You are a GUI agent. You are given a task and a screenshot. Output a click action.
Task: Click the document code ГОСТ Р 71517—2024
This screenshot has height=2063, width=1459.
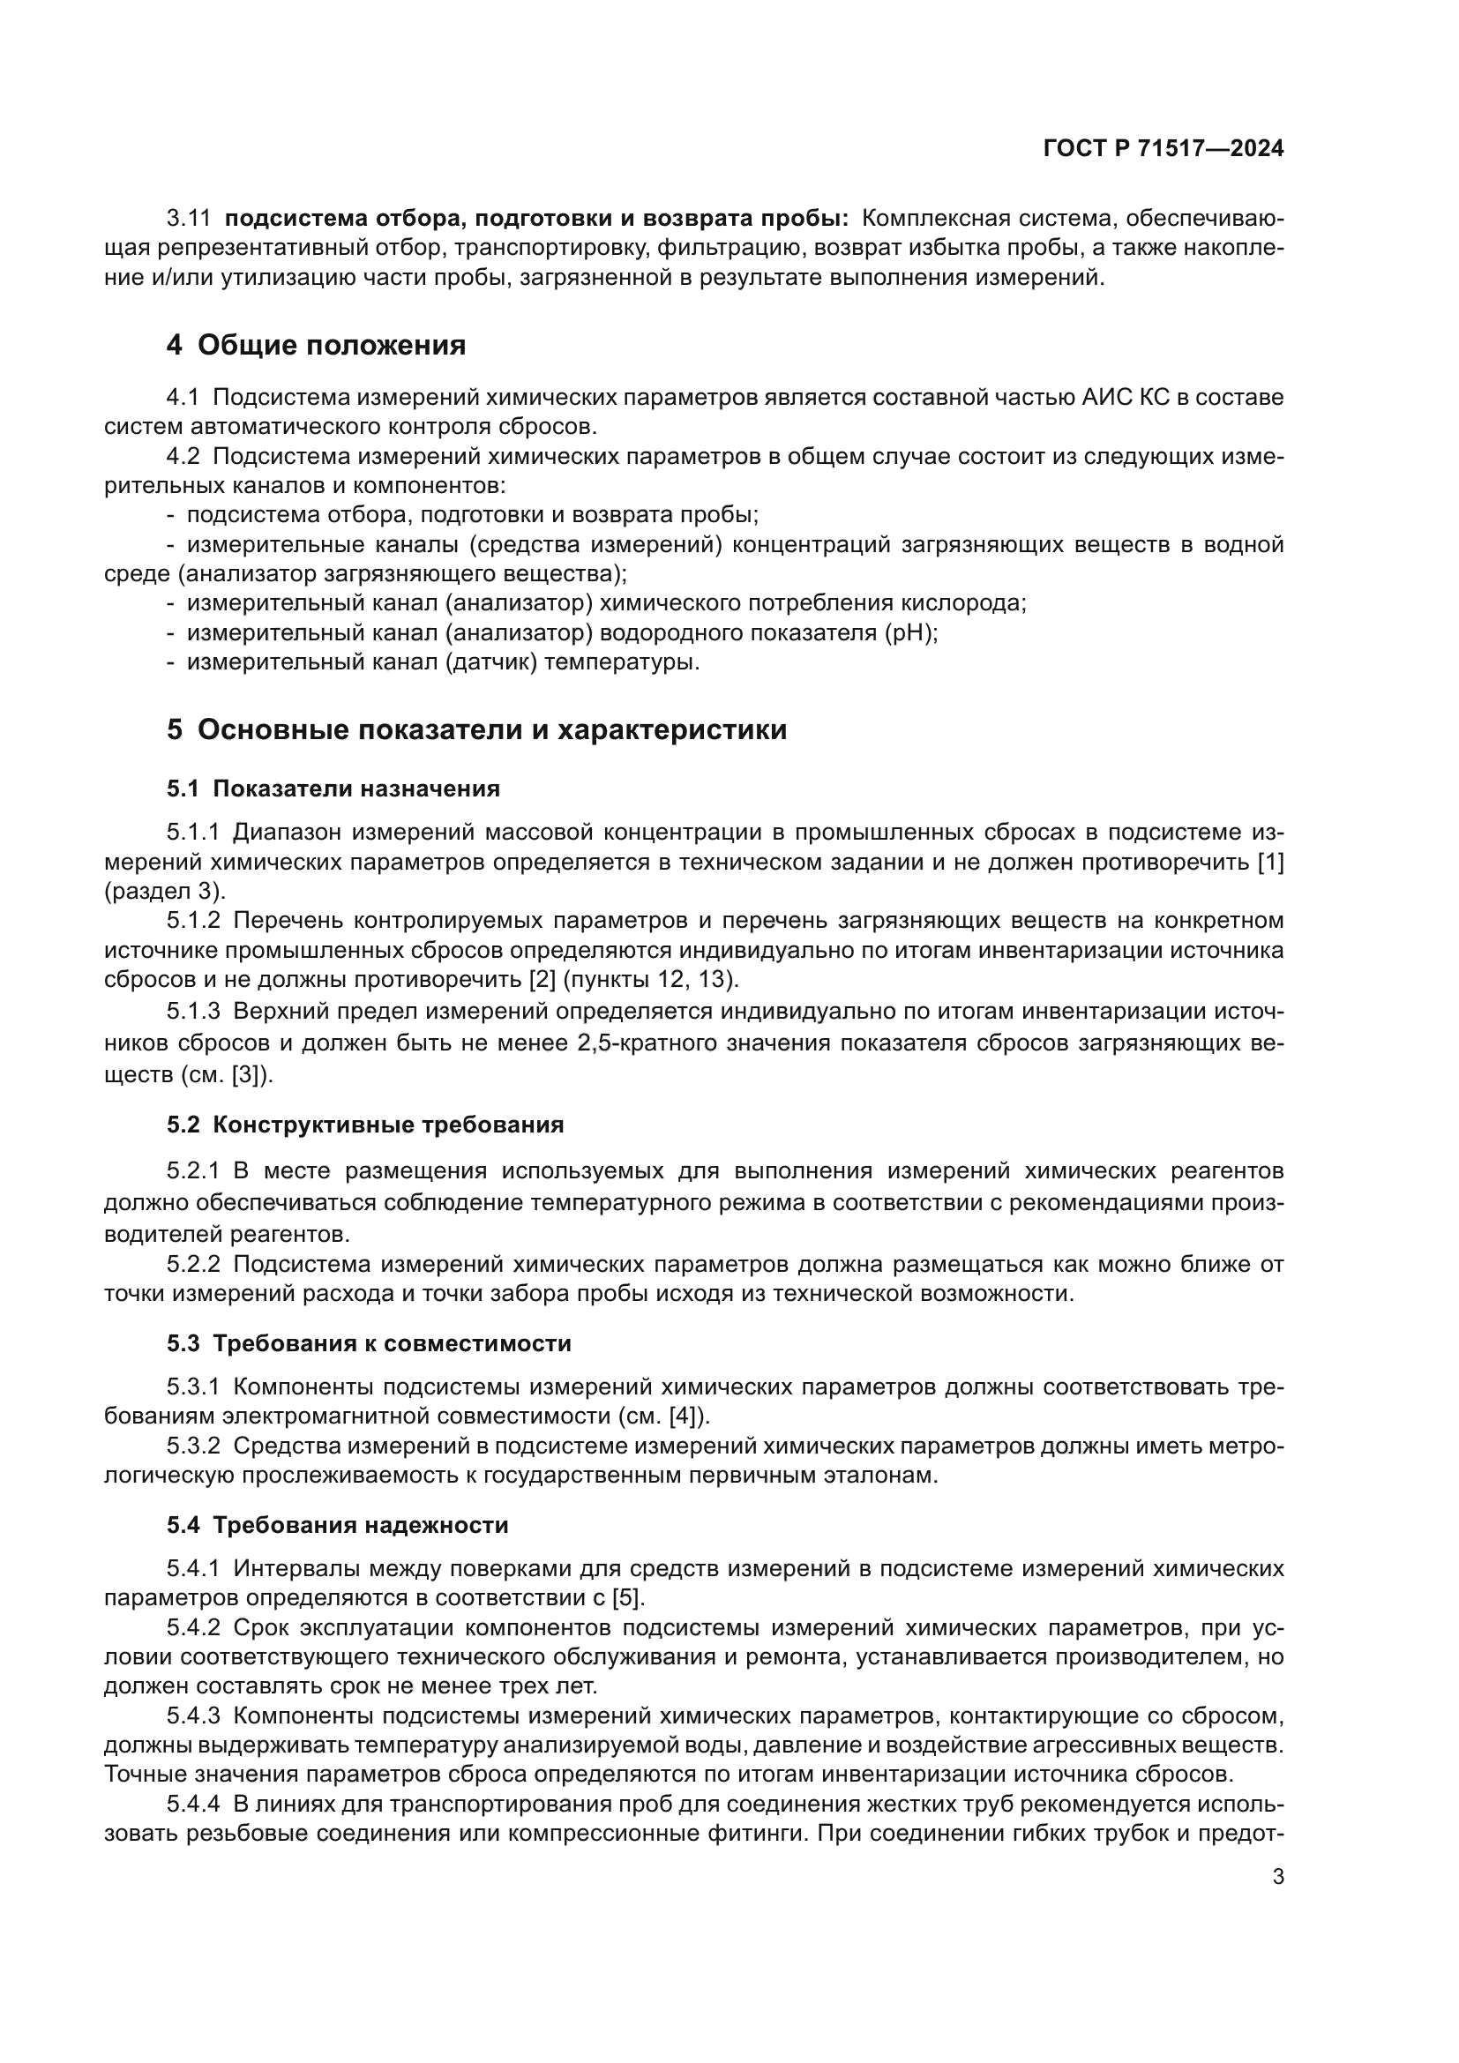click(x=1163, y=148)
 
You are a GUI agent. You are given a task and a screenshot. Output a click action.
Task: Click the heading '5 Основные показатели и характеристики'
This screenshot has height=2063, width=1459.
click(x=476, y=729)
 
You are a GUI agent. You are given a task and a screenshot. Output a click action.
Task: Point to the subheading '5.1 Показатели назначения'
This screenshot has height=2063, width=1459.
click(x=333, y=789)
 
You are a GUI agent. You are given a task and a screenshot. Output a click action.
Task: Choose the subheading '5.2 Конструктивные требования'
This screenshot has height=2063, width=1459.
click(x=365, y=1125)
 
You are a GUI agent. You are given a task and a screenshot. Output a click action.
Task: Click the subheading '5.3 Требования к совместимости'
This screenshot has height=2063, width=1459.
click(x=369, y=1343)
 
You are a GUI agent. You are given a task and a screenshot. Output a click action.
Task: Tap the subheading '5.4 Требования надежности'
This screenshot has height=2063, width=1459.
click(x=337, y=1525)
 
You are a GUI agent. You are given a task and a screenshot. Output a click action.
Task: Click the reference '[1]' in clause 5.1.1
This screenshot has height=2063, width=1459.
click(x=1269, y=862)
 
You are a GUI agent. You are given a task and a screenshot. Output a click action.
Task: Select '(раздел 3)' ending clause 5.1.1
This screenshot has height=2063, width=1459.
click(x=164, y=892)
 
